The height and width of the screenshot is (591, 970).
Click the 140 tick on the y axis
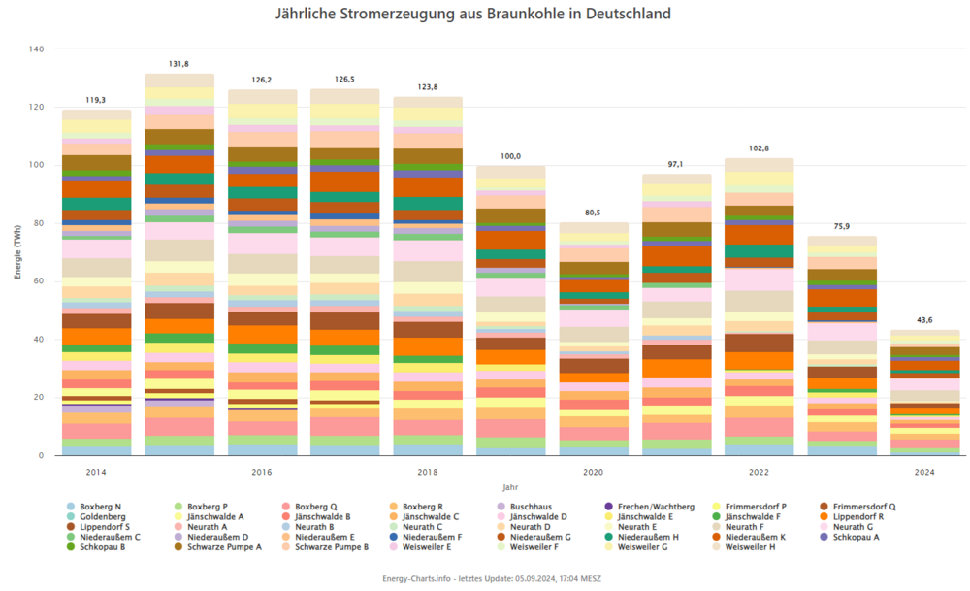36,49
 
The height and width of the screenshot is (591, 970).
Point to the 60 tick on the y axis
39,281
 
